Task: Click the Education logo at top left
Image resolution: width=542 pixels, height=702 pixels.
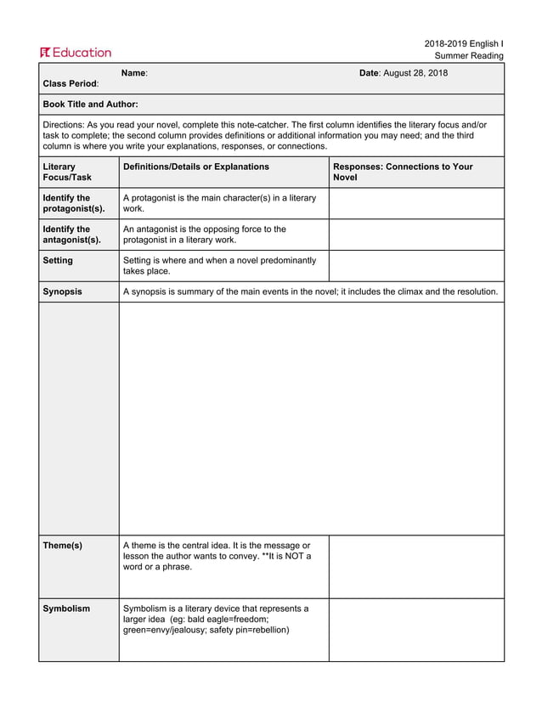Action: (x=75, y=52)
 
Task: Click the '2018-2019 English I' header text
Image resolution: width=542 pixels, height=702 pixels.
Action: (x=464, y=43)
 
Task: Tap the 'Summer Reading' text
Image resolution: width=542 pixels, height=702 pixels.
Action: (x=469, y=56)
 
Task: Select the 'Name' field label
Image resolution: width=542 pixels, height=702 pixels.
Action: (x=134, y=73)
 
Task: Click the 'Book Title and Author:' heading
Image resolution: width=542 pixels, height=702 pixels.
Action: (x=90, y=104)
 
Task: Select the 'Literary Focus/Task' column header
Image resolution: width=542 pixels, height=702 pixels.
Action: (x=67, y=172)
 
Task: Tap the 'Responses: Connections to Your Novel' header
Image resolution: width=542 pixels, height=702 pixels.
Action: (x=403, y=172)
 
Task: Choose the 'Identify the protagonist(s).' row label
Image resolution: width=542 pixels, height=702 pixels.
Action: (x=74, y=203)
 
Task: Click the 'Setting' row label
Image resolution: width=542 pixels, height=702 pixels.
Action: (x=58, y=261)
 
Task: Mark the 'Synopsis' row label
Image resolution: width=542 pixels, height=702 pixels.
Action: (x=62, y=292)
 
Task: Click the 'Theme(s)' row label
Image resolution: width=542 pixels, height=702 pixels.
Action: (x=62, y=546)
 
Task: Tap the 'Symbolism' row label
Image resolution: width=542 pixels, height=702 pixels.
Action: (x=66, y=609)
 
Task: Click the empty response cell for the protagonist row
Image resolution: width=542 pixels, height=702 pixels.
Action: (x=415, y=203)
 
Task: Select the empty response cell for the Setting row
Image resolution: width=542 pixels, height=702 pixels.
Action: (x=415, y=266)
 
